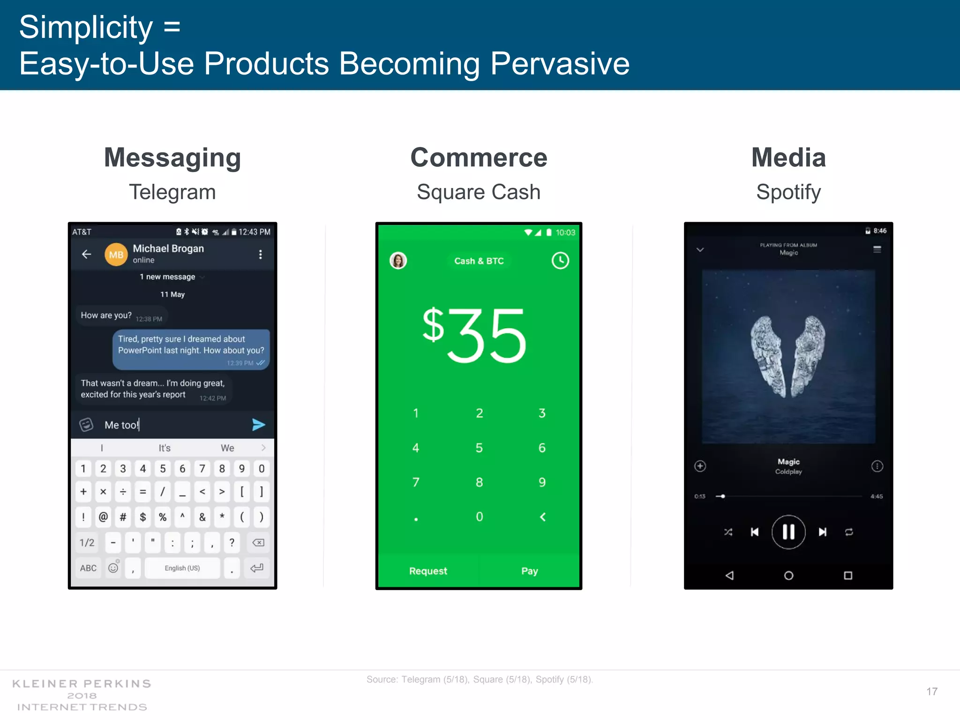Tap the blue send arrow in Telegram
click(x=258, y=425)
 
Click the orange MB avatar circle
click(x=116, y=255)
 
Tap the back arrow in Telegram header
click(x=86, y=254)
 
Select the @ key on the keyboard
click(x=103, y=517)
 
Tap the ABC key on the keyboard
click(x=88, y=568)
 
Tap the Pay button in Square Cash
click(x=529, y=571)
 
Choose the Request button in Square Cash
click(x=428, y=571)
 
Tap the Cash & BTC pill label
click(x=479, y=261)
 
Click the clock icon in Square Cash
click(x=560, y=261)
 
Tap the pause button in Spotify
click(x=788, y=532)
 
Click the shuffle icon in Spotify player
click(x=728, y=532)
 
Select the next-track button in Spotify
click(x=823, y=532)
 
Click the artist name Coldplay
click(x=788, y=472)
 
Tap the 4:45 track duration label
click(x=877, y=496)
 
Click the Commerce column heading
click(x=479, y=157)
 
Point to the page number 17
click(x=932, y=691)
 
